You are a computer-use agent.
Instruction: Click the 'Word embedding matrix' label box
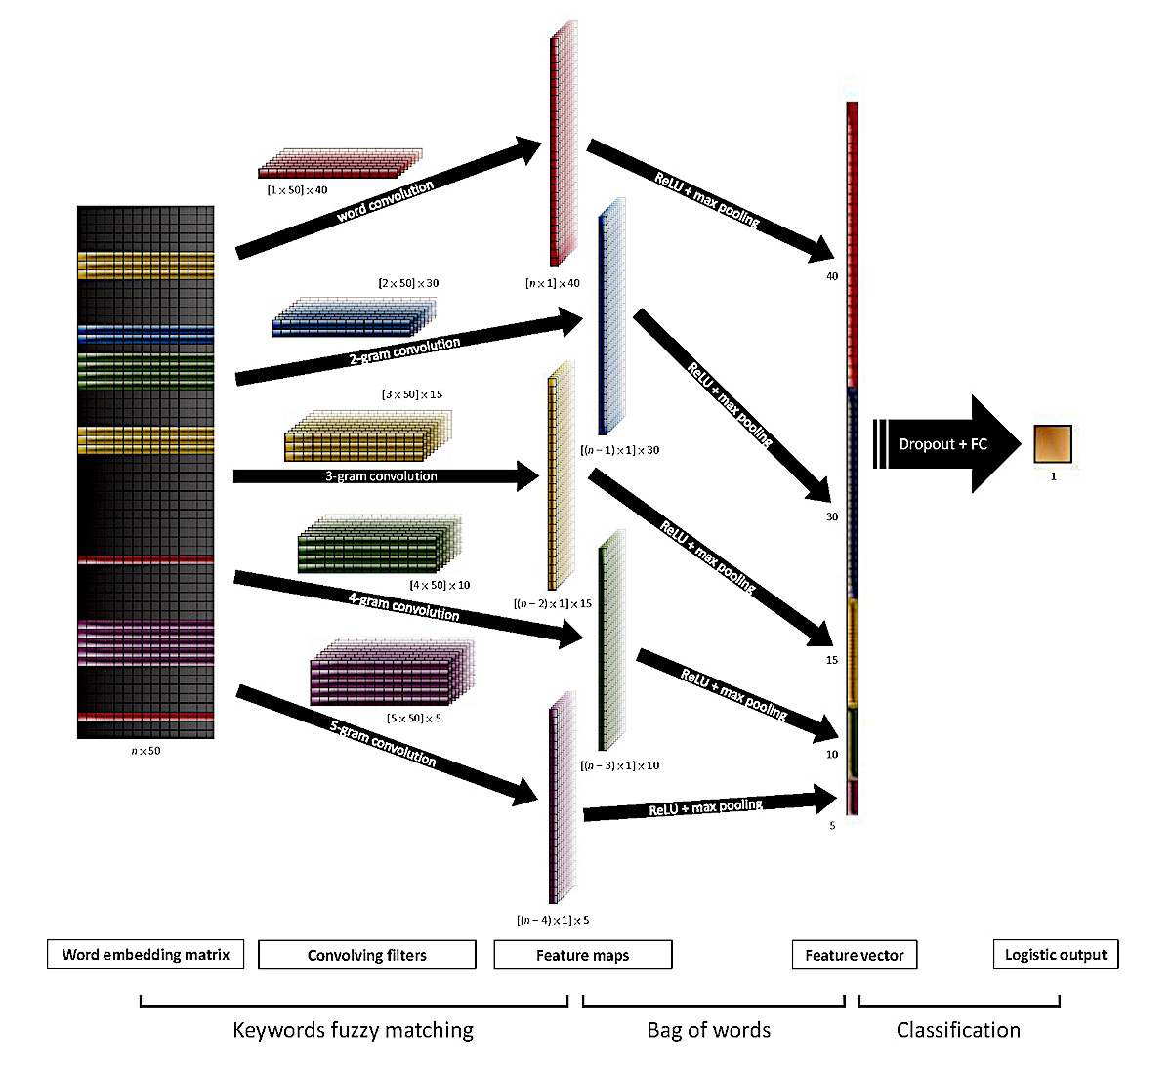coord(146,955)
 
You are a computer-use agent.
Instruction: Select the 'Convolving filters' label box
coord(367,955)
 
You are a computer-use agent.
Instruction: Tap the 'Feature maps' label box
coord(583,955)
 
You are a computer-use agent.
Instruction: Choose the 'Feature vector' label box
coord(855,955)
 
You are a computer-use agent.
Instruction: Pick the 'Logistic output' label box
coord(1056,954)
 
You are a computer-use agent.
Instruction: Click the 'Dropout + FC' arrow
coord(943,444)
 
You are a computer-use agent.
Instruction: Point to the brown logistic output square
coord(1053,443)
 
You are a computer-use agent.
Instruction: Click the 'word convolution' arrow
coord(386,200)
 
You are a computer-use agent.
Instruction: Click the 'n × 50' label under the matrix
coord(146,751)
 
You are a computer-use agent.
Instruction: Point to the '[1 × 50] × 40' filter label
coord(297,190)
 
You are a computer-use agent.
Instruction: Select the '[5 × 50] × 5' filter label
coord(413,718)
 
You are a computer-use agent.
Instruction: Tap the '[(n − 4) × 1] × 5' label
coord(553,920)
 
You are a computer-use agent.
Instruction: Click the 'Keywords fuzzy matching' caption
coord(354,1030)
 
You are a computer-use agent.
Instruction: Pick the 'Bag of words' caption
coord(709,1030)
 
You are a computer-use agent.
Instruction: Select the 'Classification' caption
coord(958,1030)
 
